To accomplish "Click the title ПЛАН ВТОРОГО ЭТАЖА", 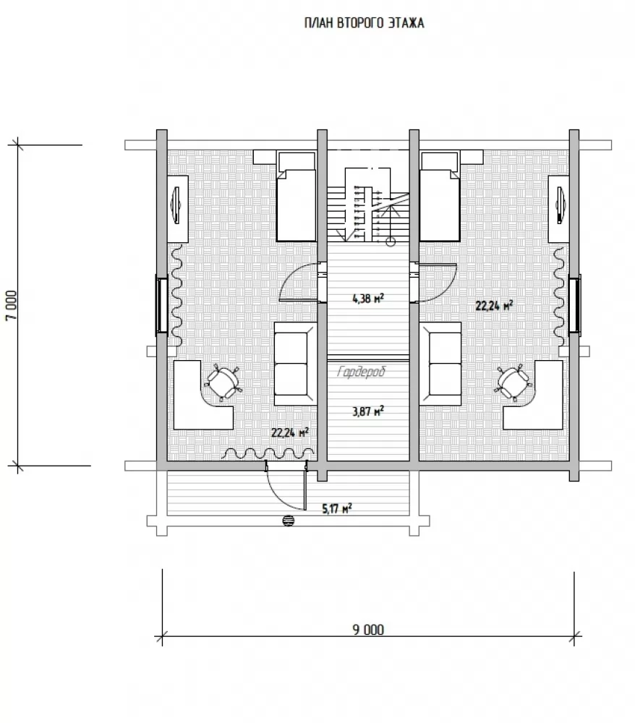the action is click(364, 23).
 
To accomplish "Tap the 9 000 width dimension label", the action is click(368, 630).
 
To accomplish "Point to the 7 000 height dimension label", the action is click(12, 305).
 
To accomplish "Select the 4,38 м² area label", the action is click(368, 299).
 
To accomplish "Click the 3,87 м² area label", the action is click(368, 411).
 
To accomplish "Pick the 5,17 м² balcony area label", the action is click(336, 508).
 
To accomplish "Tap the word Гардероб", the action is click(362, 372).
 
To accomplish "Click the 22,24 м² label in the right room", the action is click(495, 305).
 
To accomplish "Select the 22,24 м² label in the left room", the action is click(289, 432).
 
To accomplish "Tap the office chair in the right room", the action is click(513, 382).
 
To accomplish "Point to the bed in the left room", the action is click(297, 197).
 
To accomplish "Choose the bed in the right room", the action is click(440, 197).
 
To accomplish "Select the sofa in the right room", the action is click(441, 364).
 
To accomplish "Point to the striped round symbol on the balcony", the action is click(289, 521).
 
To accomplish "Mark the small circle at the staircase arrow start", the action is click(391, 240).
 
